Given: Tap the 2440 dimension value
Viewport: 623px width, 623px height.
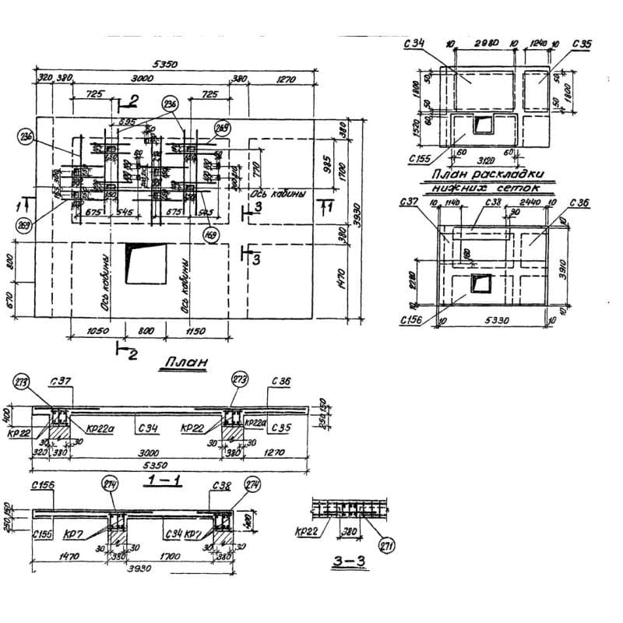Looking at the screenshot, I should click(530, 202).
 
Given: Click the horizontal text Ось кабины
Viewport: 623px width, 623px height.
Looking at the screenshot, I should click(277, 195).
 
